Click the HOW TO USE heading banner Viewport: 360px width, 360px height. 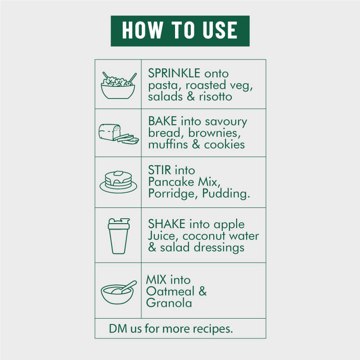(x=180, y=31)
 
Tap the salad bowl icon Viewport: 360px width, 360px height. (x=118, y=85)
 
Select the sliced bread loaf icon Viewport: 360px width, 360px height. (x=118, y=134)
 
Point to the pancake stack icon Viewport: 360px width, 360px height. (x=118, y=182)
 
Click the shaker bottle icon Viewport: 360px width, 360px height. (x=119, y=236)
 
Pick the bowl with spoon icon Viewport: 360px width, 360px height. (x=118, y=292)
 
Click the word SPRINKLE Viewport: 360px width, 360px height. (x=174, y=73)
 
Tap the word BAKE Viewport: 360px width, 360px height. (x=162, y=121)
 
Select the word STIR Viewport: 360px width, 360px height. (x=160, y=170)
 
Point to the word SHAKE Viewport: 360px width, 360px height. (x=166, y=224)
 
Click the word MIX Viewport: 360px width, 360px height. (x=156, y=279)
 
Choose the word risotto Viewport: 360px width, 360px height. (x=216, y=96)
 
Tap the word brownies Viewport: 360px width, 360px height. (x=215, y=133)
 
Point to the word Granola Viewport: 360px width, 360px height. (x=169, y=303)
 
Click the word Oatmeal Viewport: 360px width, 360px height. (x=170, y=291)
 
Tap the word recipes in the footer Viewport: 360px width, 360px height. (x=213, y=329)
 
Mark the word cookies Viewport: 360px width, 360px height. (x=224, y=144)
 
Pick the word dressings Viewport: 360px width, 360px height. (x=219, y=248)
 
